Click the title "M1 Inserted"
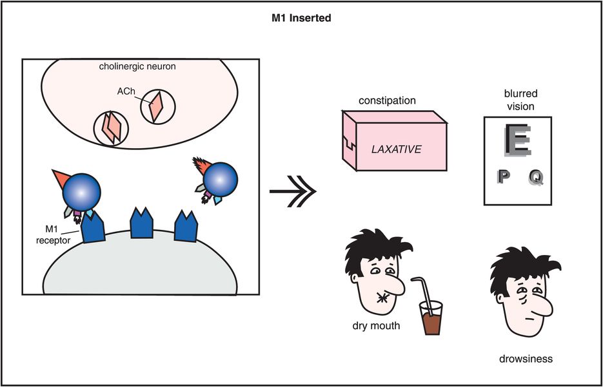pos(301,18)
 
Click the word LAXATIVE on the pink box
pos(396,149)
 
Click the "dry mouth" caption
pos(376,326)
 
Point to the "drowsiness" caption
pos(526,359)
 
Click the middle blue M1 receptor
pos(143,224)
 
